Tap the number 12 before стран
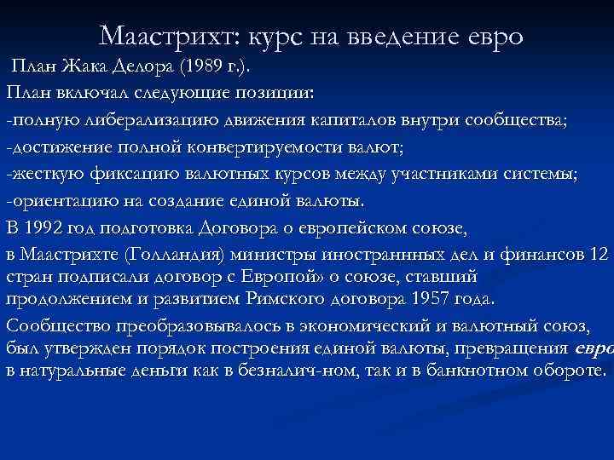tap(600, 255)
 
